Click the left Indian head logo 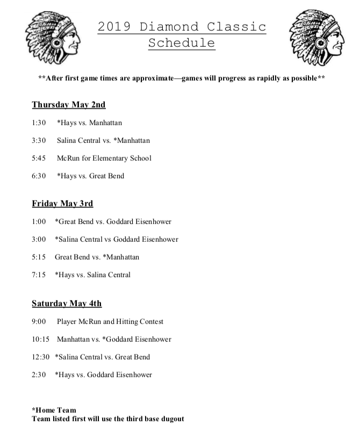[52, 38]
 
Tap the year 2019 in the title [116, 26]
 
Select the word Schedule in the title [182, 43]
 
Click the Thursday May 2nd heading [69, 104]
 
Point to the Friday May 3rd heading [62, 204]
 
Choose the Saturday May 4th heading [67, 304]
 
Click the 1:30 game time [39, 123]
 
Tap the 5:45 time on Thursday [39, 158]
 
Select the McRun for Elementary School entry [104, 158]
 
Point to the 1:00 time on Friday [39, 221]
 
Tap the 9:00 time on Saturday [39, 321]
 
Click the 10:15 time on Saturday [41, 339]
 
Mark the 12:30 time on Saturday [41, 357]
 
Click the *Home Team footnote [54, 410]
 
